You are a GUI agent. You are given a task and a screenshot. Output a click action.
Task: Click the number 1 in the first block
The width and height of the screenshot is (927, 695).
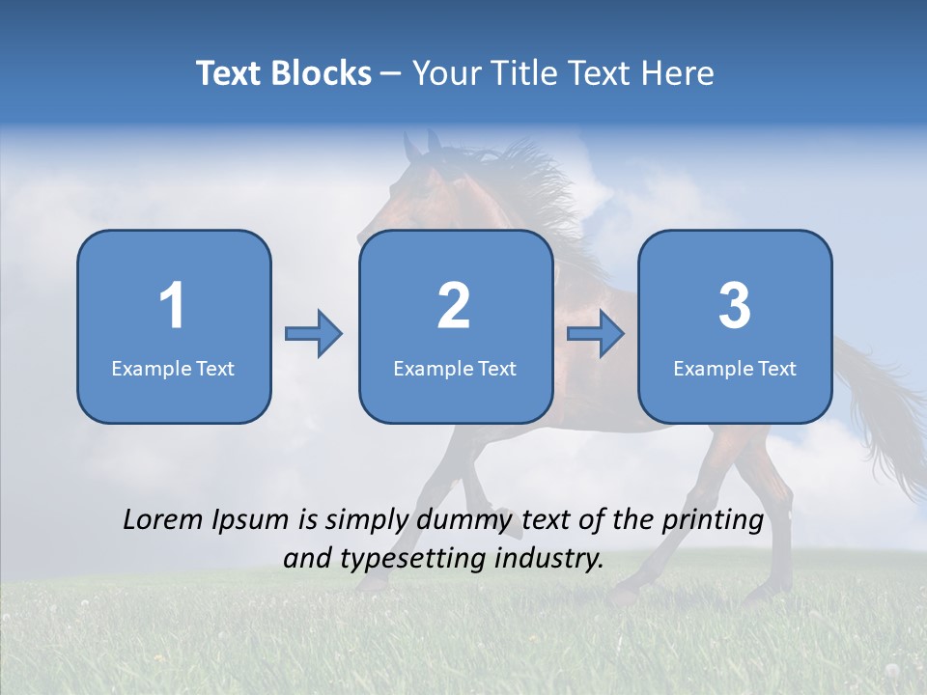[173, 306]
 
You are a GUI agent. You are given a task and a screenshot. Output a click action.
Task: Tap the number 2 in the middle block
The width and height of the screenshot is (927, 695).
[454, 306]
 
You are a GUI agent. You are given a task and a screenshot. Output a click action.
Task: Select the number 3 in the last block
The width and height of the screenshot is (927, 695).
[735, 306]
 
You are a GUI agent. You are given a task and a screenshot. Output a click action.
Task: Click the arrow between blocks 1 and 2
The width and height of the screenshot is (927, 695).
[314, 334]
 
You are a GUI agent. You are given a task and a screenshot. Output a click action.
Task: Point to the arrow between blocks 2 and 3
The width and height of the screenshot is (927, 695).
[596, 334]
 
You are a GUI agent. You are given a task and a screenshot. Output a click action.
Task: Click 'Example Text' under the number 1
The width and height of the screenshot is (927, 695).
[173, 368]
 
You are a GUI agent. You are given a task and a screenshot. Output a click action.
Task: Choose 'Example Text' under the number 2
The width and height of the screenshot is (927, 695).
[455, 368]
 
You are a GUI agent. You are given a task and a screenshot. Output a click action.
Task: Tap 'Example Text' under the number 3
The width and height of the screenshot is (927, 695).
[735, 368]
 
